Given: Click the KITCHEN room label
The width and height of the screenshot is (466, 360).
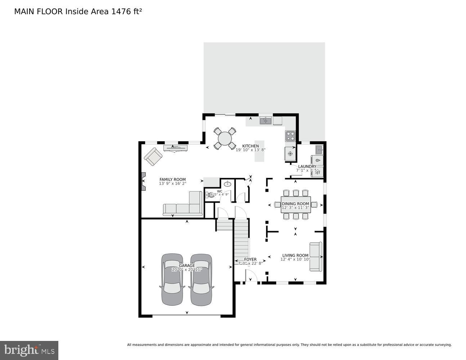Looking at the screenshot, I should point(250,146).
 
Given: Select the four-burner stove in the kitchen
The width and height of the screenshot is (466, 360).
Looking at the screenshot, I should point(290,136).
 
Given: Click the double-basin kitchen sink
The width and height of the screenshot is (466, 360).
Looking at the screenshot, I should point(266,121).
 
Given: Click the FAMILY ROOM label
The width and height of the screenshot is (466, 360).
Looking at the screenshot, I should point(172,179).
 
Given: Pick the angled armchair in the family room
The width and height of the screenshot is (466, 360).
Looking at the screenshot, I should point(153,157).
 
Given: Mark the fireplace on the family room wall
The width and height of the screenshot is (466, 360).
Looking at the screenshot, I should point(144,181).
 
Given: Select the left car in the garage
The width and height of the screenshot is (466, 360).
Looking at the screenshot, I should point(172,279).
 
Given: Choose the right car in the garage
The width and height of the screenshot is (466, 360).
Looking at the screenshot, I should point(201,279).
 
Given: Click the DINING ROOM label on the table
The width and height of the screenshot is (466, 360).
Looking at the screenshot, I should point(295,204).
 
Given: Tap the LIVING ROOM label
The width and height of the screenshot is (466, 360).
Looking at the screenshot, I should point(295,256).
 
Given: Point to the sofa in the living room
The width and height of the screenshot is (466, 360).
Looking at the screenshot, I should point(316,257).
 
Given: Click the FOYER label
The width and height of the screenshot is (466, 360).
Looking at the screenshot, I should point(250,259).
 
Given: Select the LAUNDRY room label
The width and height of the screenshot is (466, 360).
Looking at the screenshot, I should point(307,166).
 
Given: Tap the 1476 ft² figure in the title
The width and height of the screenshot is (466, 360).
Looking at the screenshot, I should point(126,12).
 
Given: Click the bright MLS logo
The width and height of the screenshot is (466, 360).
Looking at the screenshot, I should point(29,350).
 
